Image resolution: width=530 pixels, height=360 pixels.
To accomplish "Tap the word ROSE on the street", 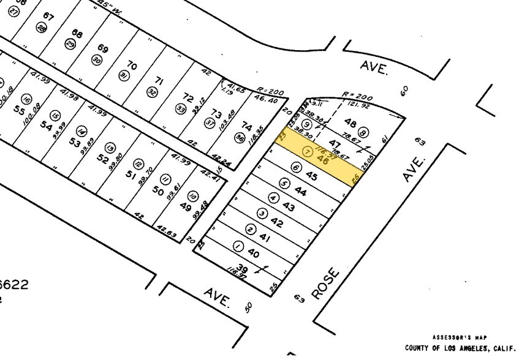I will click(x=324, y=283).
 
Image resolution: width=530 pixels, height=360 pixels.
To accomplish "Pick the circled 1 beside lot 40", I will click(x=238, y=246).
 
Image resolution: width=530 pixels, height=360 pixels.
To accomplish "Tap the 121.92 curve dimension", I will click(x=369, y=105).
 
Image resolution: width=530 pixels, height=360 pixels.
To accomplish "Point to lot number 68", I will click(x=77, y=34).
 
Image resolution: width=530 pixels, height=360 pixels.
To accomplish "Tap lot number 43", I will click(x=289, y=209).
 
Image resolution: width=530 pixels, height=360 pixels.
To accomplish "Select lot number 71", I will click(x=159, y=81).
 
